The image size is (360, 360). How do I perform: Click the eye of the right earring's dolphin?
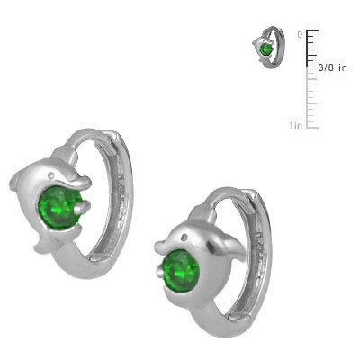pos(184,237)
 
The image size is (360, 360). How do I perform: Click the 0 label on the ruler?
pos(300,34)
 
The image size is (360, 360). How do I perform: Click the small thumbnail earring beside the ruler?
pos(263,51)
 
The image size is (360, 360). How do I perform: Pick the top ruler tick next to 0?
pos(312,31)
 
